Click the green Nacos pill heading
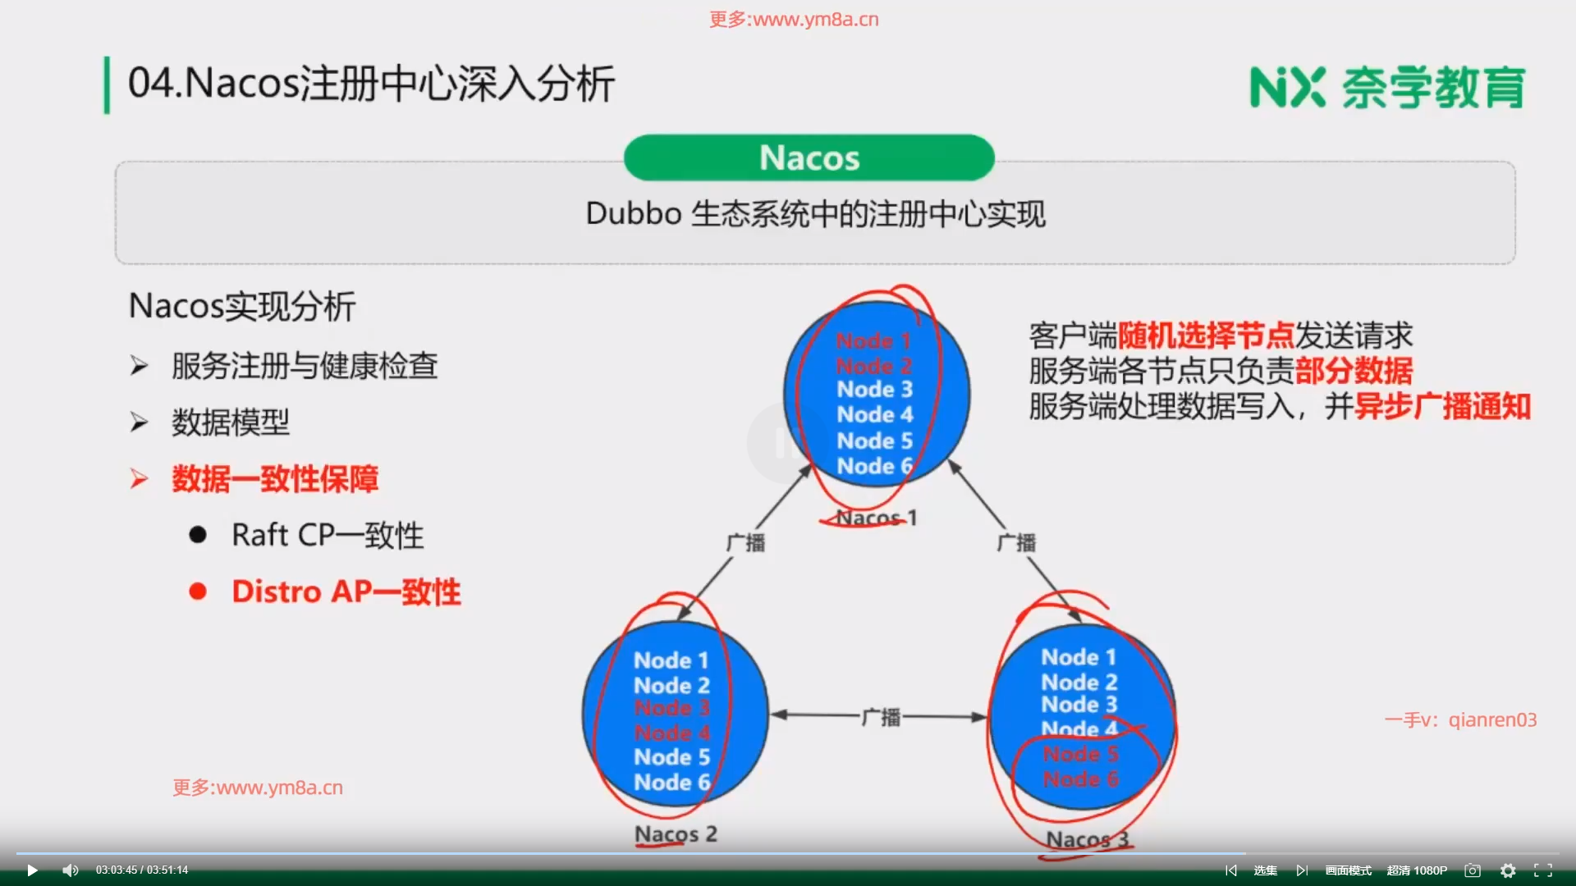coord(809,158)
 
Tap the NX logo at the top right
coord(1287,88)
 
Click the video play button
coord(32,870)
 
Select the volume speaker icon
coord(71,870)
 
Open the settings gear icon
coord(1508,870)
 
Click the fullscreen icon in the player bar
coord(1543,870)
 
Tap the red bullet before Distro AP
coord(198,591)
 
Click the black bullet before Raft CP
coord(198,535)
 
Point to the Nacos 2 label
coord(676,834)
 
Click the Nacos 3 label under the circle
coord(1088,839)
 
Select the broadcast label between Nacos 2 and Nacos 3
coord(881,717)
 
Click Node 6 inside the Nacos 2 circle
coord(671,783)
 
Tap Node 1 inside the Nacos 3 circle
coord(1079,657)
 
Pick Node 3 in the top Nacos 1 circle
coord(874,390)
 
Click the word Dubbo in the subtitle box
coord(634,214)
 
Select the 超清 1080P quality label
coord(1417,870)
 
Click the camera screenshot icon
coord(1473,870)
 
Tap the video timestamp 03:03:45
coord(117,870)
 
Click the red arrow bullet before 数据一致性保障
coord(139,479)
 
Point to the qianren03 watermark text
coord(1492,720)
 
